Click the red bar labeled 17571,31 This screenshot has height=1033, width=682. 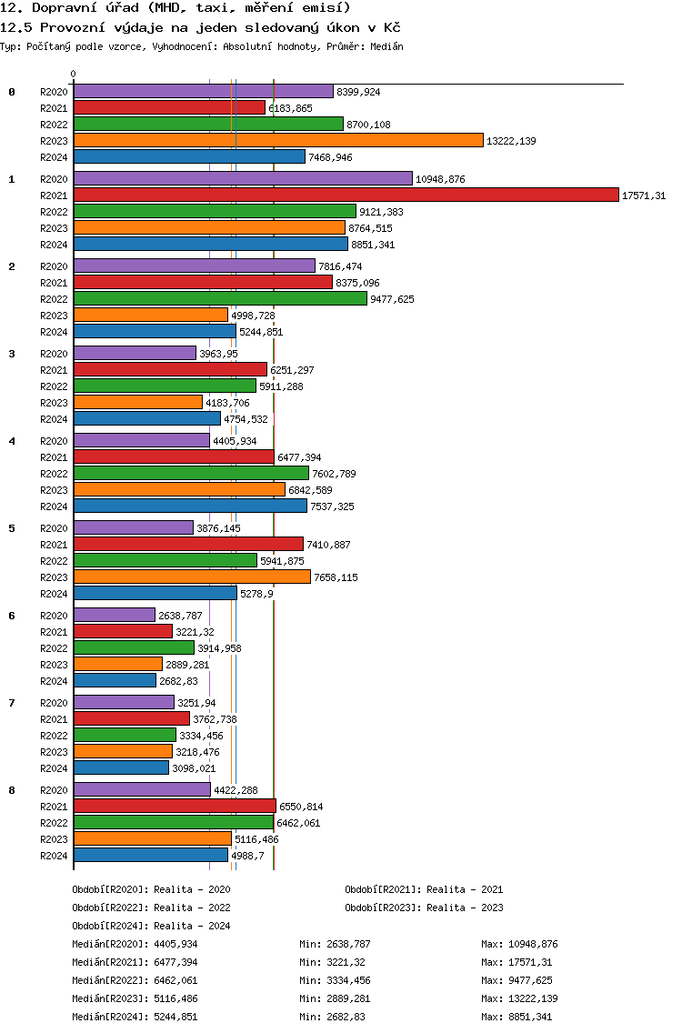click(x=346, y=195)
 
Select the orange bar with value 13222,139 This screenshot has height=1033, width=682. click(x=279, y=140)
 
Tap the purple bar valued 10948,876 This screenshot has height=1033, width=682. click(x=243, y=178)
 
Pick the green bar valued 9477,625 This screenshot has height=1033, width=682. click(x=221, y=298)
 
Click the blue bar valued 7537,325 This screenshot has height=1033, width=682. click(x=190, y=506)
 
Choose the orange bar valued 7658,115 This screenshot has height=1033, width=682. click(x=193, y=577)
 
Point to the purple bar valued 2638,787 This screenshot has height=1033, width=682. click(x=115, y=615)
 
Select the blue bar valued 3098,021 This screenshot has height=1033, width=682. click(x=121, y=767)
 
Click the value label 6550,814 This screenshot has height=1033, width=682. click(x=301, y=807)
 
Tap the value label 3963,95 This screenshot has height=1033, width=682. click(x=219, y=354)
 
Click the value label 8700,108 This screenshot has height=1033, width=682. click(x=368, y=125)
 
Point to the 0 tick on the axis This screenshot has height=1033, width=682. click(x=73, y=74)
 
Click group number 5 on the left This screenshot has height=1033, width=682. click(x=11, y=528)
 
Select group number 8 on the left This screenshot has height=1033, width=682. click(x=11, y=790)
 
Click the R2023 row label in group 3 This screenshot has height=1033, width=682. click(x=54, y=403)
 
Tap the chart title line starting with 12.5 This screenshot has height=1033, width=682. click(x=200, y=27)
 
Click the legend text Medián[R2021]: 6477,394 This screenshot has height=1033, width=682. click(x=135, y=962)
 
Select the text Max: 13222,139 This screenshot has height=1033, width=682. click(x=520, y=998)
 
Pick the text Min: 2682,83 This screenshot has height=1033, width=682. click(x=332, y=1017)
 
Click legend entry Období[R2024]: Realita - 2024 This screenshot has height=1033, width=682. click(x=152, y=926)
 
